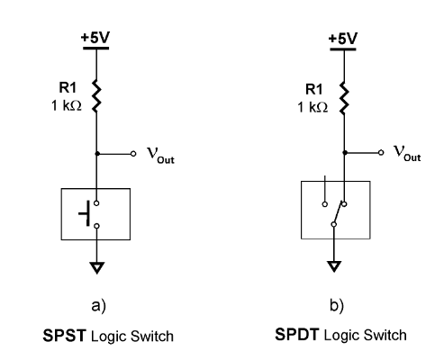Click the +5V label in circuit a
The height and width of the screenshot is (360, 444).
[x=95, y=38]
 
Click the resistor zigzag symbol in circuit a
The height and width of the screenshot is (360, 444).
[x=95, y=99]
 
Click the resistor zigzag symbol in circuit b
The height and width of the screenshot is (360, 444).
[x=342, y=99]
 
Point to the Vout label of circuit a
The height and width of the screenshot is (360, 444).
[x=159, y=155]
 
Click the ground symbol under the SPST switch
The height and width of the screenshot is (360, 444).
[x=95, y=265]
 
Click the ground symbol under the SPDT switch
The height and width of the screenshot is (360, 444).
[x=334, y=265]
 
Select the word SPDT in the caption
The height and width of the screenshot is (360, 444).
[x=298, y=337]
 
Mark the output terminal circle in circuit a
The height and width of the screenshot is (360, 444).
[x=132, y=154]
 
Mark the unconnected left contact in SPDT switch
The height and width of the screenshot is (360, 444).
[x=324, y=202]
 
